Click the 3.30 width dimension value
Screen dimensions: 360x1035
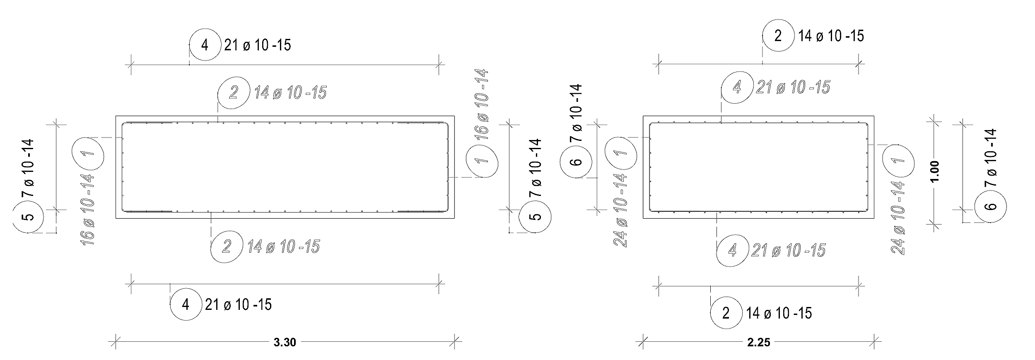[x=285, y=343]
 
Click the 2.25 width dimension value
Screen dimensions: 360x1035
[x=759, y=343]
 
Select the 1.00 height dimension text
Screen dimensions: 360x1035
[x=935, y=172]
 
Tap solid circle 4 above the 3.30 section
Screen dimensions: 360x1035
[x=205, y=45]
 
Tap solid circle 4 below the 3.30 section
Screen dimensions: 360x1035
[x=186, y=305]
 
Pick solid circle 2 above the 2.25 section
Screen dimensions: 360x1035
[x=778, y=36]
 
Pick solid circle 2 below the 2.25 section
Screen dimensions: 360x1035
[x=726, y=313]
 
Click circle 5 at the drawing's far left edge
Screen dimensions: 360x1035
[x=29, y=216]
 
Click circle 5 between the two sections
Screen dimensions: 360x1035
[x=536, y=216]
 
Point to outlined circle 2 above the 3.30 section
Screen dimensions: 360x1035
[x=234, y=92]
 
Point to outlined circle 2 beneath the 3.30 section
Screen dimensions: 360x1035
[x=227, y=247]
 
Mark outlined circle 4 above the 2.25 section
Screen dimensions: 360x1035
[x=737, y=87]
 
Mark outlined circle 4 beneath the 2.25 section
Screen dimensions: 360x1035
[x=732, y=251]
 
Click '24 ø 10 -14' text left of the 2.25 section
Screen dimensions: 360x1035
[x=620, y=210]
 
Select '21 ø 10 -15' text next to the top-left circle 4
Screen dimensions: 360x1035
[x=257, y=45]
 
